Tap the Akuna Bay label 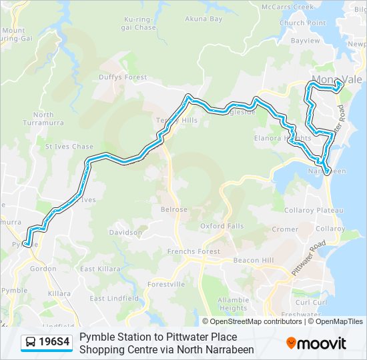click(x=204, y=19)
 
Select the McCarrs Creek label click(x=288, y=7)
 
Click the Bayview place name click(x=306, y=41)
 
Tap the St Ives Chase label click(x=69, y=147)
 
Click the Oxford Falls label click(x=222, y=227)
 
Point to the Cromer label click(x=285, y=229)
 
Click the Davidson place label click(x=125, y=233)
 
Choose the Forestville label click(x=167, y=284)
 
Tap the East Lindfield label click(x=107, y=299)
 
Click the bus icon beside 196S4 click(x=31, y=343)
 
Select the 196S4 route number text click(x=54, y=343)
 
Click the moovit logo click(x=316, y=343)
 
